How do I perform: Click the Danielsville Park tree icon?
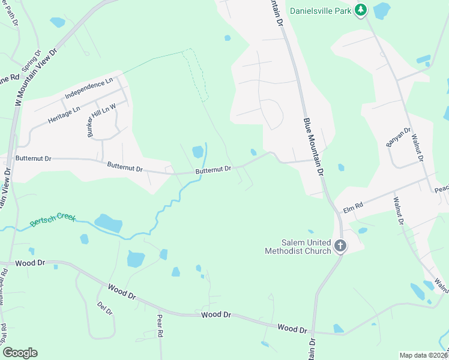click(x=360, y=10)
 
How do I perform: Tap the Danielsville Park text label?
click(x=320, y=10)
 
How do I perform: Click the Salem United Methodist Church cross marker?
click(x=340, y=245)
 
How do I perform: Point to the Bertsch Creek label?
click(x=53, y=221)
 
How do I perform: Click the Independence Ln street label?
click(x=89, y=88)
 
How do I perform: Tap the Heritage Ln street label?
click(x=64, y=114)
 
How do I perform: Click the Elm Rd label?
click(x=353, y=207)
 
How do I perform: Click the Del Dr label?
click(x=104, y=308)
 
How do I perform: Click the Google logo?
click(x=20, y=353)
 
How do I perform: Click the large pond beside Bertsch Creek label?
click(x=109, y=223)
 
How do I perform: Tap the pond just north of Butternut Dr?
click(x=197, y=152)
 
